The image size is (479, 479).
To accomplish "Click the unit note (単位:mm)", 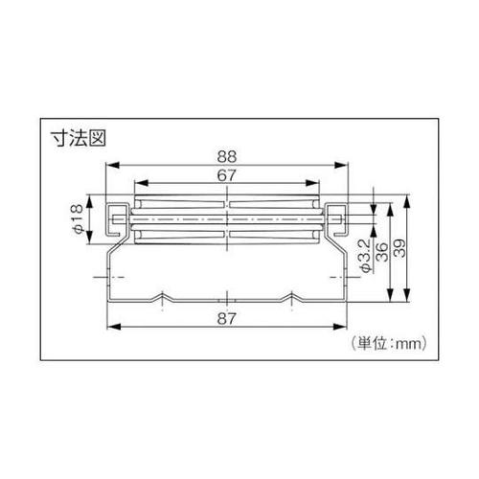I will click(x=384, y=338).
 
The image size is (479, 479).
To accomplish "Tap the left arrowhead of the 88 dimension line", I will click(x=106, y=168).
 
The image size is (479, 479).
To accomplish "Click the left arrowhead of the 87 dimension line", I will click(x=108, y=328).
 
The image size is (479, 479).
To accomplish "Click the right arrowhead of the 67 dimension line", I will click(x=318, y=185).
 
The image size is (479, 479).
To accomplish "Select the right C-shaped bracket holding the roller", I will click(x=337, y=220).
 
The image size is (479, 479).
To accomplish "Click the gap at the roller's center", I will click(x=228, y=222).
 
